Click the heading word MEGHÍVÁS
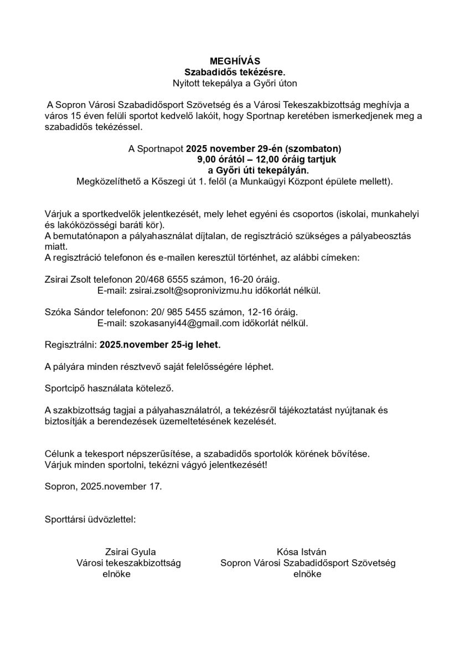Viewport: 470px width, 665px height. tap(235, 61)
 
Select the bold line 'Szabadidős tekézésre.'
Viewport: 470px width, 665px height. tap(235, 72)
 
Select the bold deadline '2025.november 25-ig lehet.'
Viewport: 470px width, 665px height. tap(160, 345)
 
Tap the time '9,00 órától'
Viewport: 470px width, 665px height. tap(220, 159)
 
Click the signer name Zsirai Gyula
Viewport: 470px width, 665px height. tap(130, 552)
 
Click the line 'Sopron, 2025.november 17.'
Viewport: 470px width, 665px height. tap(103, 487)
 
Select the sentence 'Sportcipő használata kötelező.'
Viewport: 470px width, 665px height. tap(109, 388)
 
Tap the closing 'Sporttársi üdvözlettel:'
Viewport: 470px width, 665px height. tap(90, 520)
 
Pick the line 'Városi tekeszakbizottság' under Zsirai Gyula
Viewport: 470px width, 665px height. tap(128, 563)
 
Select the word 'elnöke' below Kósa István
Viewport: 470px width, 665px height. tap(307, 574)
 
